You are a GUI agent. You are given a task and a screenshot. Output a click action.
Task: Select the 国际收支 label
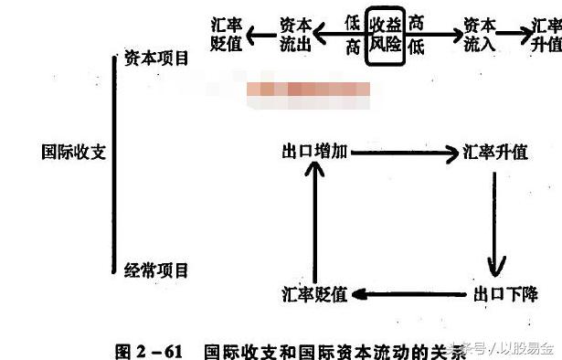click(x=75, y=152)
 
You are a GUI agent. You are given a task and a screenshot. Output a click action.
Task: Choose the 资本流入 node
click(x=479, y=35)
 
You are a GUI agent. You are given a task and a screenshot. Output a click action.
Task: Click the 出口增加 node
click(x=314, y=153)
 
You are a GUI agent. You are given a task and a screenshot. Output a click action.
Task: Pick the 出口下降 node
click(x=505, y=294)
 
